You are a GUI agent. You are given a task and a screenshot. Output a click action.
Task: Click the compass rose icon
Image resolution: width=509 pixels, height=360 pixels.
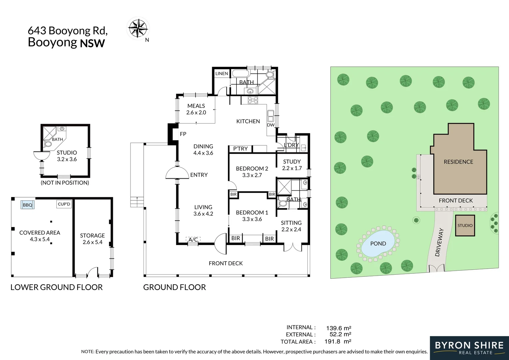[x=138, y=28]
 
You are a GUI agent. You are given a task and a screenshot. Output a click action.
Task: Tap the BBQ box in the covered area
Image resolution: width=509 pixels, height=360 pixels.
[x=28, y=205]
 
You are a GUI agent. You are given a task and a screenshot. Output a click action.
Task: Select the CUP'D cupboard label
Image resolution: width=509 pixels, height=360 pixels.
[x=64, y=204]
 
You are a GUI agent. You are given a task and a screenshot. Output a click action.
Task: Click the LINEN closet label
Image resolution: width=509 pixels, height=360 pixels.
[x=222, y=73]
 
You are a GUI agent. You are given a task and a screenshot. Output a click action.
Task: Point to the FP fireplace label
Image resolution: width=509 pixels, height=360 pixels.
[x=183, y=134]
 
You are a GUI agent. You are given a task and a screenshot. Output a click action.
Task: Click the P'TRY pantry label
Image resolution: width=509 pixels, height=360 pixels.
[x=240, y=149]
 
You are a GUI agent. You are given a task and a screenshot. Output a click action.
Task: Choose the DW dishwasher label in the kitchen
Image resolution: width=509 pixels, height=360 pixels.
[x=270, y=125]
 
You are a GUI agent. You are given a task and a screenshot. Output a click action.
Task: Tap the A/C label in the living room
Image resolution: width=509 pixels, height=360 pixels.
[x=193, y=239]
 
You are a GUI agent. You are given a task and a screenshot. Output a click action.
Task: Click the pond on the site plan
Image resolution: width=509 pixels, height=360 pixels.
[x=378, y=243]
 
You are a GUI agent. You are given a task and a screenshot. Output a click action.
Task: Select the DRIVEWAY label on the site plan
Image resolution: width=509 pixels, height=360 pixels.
[x=439, y=242]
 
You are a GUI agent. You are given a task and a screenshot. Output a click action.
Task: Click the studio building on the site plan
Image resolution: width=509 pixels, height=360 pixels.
[x=465, y=225]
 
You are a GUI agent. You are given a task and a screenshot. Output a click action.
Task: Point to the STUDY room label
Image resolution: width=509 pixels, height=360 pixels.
[x=292, y=161]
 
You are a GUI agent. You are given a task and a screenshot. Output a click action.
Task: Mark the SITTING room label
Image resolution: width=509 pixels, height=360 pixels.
[x=291, y=223]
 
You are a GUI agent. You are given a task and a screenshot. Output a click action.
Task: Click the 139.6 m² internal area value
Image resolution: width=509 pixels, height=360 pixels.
[x=338, y=328]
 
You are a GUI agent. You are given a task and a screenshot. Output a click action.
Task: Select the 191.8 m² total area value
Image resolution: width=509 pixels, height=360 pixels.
[x=338, y=341]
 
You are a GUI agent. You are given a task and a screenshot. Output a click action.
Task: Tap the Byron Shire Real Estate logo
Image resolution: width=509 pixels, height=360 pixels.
[x=469, y=348]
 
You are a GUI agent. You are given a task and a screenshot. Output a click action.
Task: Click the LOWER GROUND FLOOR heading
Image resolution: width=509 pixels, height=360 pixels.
[x=57, y=287]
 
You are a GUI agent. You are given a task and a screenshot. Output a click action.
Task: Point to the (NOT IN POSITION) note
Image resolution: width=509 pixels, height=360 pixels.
[x=65, y=183]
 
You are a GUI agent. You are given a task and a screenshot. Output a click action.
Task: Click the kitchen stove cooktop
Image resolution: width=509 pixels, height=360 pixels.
[x=253, y=100]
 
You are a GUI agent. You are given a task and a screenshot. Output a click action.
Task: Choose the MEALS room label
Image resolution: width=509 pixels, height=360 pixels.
[x=196, y=106]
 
